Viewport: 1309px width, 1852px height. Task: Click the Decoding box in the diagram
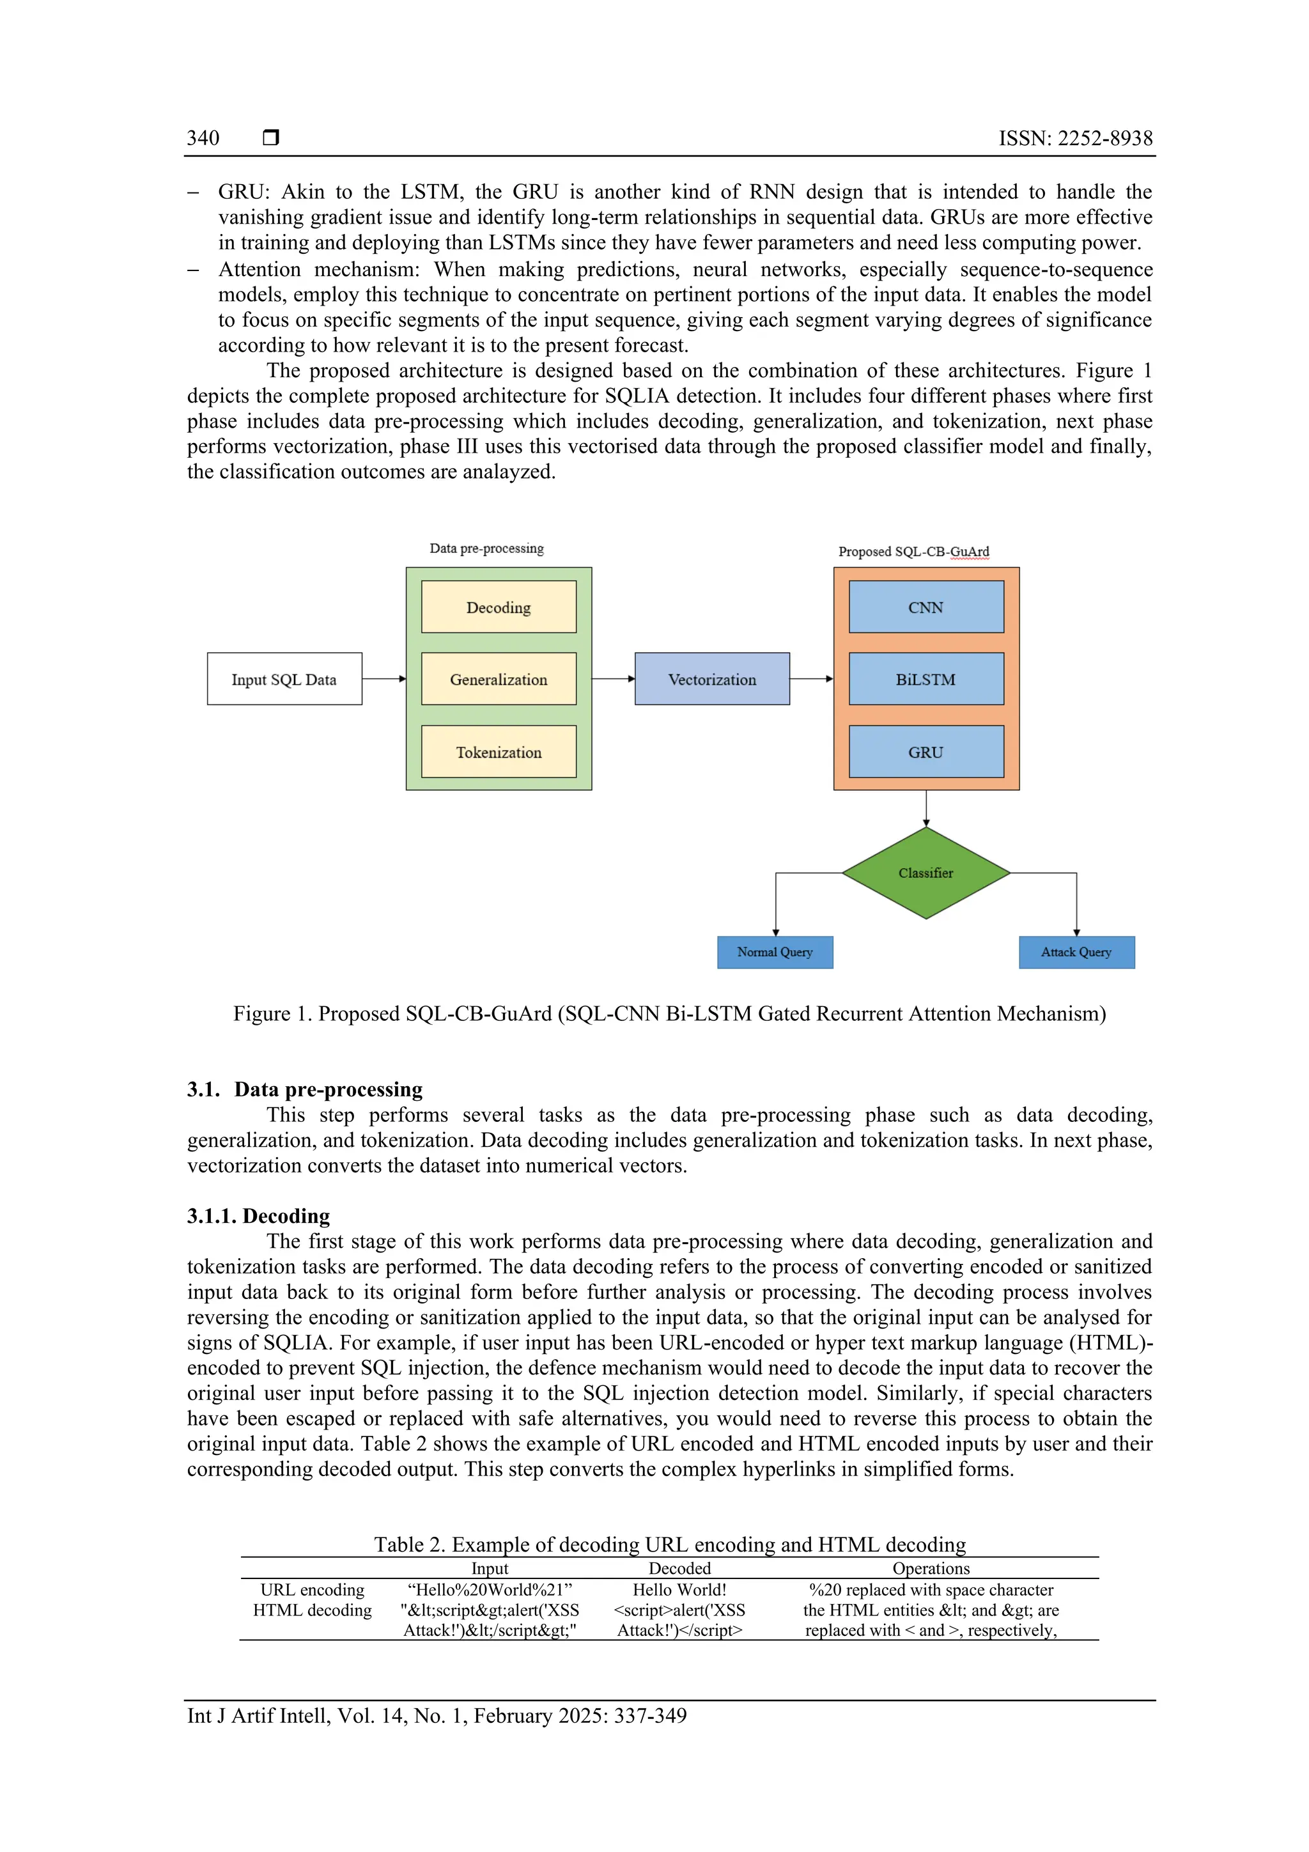tap(499, 607)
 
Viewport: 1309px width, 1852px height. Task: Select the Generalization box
tap(499, 678)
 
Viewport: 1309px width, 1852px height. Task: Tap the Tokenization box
tap(499, 751)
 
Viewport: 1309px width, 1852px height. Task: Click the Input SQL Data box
tap(284, 678)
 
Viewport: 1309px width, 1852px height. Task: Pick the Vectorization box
tap(711, 678)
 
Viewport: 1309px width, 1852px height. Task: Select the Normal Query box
tap(774, 952)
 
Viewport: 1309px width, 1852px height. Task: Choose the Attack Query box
tap(1076, 952)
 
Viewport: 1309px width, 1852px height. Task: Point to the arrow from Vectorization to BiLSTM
tap(810, 678)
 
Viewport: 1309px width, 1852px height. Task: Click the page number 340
tap(203, 138)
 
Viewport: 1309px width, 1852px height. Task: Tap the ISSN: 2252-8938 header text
tap(1075, 138)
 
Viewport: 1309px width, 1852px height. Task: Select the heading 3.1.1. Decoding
tap(258, 1215)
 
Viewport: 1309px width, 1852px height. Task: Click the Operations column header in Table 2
tap(931, 1568)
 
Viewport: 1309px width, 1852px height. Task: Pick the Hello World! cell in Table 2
tap(679, 1589)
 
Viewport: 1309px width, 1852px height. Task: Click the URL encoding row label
tap(312, 1589)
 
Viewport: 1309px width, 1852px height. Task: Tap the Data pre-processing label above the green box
tap(486, 548)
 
